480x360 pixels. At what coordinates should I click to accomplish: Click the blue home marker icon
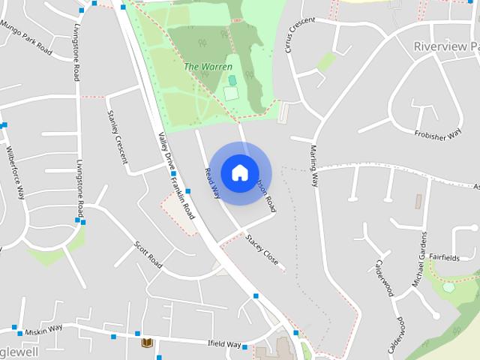point(239,173)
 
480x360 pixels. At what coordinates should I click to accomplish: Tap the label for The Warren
point(202,67)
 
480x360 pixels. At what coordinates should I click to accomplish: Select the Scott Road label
point(148,254)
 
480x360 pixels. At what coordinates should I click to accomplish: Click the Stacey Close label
point(262,250)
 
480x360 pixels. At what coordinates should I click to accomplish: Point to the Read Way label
point(211,183)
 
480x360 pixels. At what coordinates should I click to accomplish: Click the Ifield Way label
point(223,344)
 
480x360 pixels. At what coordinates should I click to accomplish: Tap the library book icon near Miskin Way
point(147,343)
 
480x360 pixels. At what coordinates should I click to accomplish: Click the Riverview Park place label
point(446,46)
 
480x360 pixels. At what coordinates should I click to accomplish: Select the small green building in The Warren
point(232,79)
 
